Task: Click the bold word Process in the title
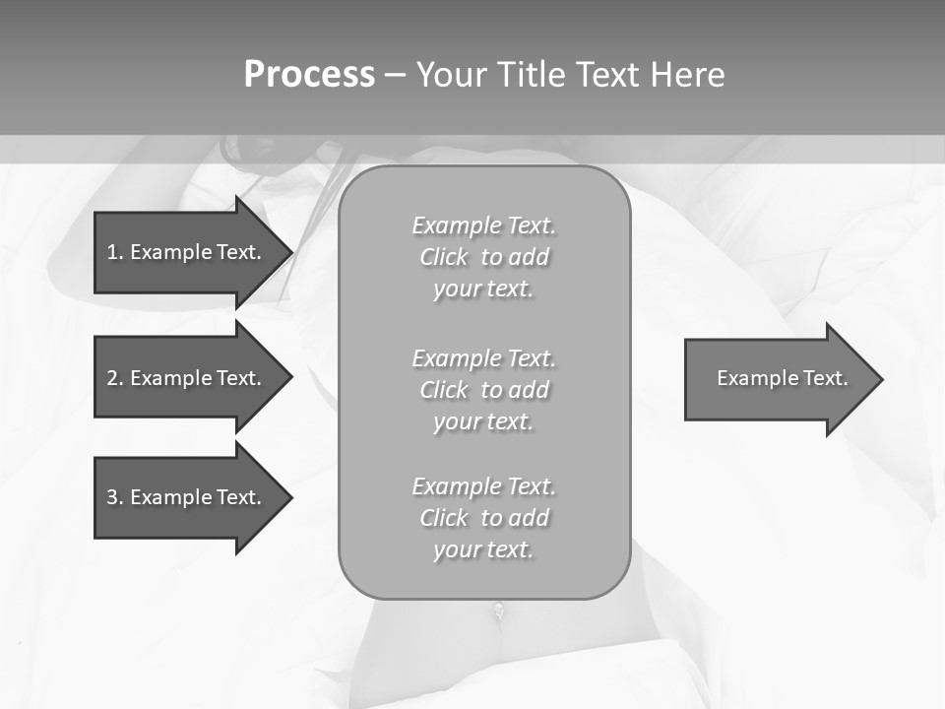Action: point(309,75)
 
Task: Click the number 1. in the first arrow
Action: point(115,252)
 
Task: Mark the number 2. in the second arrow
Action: point(115,378)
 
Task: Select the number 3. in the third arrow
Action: point(115,497)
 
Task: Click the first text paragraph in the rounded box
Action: point(483,257)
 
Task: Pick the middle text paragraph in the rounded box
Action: point(483,389)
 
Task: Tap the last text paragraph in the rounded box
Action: point(483,518)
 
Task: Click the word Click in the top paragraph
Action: point(444,257)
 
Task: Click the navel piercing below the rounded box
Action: point(500,612)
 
